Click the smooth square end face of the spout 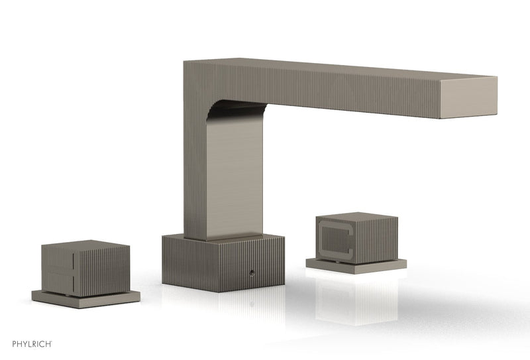468,97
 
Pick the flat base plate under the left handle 86,299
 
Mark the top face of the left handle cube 77,244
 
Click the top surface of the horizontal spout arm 344,69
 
